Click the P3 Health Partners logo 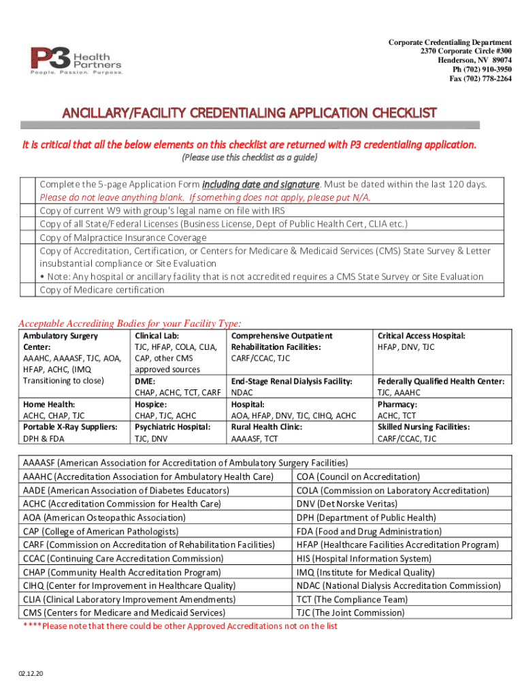click(x=76, y=60)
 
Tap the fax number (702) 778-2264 click(x=480, y=78)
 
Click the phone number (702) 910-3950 click(x=482, y=69)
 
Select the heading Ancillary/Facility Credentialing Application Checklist click(x=250, y=112)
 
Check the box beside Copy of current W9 click(x=27, y=211)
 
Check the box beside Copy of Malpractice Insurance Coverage click(x=27, y=238)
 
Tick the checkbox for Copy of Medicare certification click(x=27, y=290)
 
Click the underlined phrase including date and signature click(x=261, y=184)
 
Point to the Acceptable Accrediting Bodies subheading click(x=129, y=323)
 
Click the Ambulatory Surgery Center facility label click(x=61, y=341)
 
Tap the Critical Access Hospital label click(x=421, y=336)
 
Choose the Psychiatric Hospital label click(x=172, y=427)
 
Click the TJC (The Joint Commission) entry click(x=350, y=613)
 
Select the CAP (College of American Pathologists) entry click(x=101, y=531)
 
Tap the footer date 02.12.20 click(x=31, y=673)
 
